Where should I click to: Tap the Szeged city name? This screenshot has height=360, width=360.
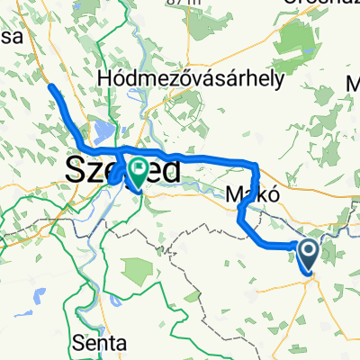click(x=121, y=170)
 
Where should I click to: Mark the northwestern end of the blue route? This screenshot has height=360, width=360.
click(x=50, y=86)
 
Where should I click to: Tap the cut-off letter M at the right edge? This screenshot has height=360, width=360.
click(x=353, y=85)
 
